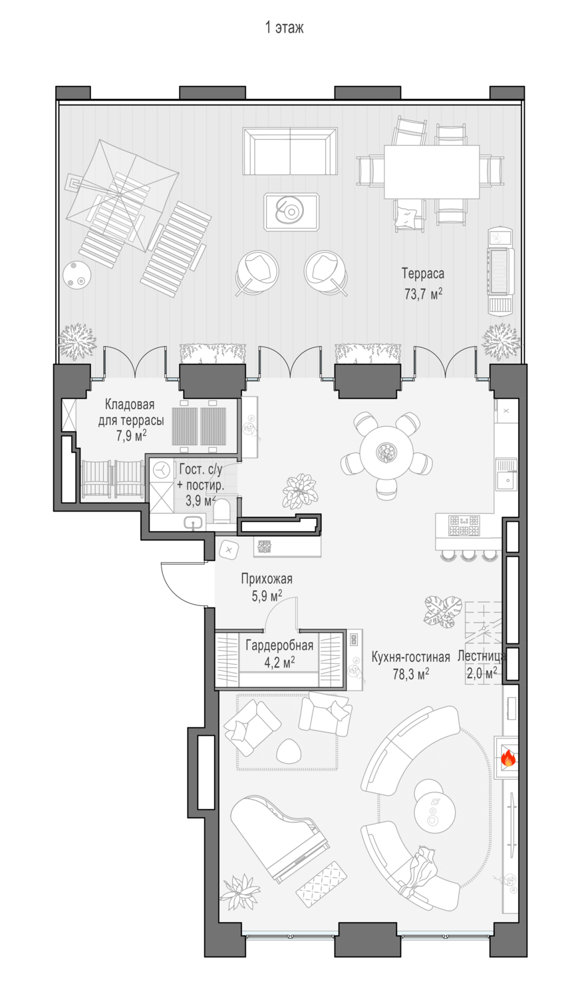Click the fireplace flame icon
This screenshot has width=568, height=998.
[x=508, y=758]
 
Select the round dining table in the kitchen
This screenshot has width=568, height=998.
[x=387, y=453]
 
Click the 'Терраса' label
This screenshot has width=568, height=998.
[x=423, y=273]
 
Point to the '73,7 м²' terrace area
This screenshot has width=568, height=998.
[x=423, y=293]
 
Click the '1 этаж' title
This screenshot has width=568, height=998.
[x=284, y=28]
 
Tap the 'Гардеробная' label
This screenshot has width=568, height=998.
[x=279, y=645]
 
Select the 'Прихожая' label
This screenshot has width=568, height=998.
[x=267, y=578]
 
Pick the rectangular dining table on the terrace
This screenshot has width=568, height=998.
[x=432, y=172]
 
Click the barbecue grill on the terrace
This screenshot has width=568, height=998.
[x=500, y=271]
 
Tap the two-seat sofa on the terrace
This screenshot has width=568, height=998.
[x=290, y=152]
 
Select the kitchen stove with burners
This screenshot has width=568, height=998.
[x=464, y=526]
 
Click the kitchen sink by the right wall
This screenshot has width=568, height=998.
[x=507, y=474]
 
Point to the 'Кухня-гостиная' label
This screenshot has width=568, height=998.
[x=411, y=657]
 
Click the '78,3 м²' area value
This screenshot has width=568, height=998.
[x=411, y=674]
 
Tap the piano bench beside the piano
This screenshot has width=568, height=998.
[x=321, y=885]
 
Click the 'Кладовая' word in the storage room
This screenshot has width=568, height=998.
[x=130, y=405]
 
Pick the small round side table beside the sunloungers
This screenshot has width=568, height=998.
[x=76, y=276]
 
